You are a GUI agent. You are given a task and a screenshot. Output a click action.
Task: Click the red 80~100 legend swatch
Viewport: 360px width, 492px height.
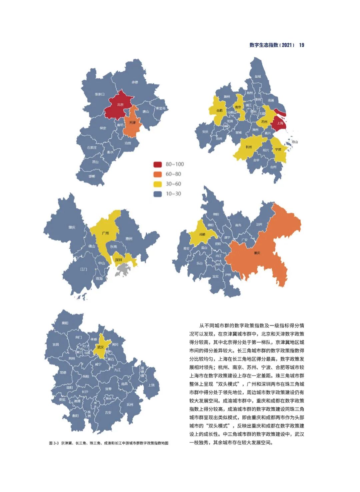tap(157, 164)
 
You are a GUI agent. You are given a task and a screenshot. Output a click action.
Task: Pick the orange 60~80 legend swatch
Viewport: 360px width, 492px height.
tap(157, 174)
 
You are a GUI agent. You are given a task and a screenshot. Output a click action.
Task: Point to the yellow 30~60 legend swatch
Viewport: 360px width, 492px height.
tap(157, 184)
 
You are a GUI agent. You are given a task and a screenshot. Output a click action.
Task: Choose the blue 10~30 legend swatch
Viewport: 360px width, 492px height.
tap(157, 194)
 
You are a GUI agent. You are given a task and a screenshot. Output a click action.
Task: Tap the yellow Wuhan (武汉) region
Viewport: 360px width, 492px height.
tap(101, 347)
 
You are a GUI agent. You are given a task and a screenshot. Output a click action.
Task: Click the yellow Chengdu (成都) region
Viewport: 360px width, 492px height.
tap(202, 234)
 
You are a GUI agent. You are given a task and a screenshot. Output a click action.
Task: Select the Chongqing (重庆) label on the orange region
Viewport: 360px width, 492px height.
tap(257, 253)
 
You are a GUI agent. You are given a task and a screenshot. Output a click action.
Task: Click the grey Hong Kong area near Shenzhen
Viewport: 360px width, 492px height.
tap(122, 270)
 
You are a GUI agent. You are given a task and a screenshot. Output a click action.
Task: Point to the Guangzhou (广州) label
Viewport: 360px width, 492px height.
tap(105, 233)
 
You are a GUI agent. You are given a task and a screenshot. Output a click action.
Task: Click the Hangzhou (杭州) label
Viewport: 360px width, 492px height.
tap(249, 147)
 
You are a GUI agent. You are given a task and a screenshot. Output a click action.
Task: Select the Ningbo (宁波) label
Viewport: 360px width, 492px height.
tap(278, 149)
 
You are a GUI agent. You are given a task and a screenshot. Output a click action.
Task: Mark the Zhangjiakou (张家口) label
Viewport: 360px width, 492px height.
tap(99, 94)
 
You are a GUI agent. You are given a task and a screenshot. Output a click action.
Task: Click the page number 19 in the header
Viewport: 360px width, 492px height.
tap(301, 45)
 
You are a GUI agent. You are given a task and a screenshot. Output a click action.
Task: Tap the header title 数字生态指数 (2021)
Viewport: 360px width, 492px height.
tap(272, 45)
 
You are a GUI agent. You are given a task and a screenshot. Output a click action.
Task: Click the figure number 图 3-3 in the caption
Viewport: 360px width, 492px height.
tap(54, 443)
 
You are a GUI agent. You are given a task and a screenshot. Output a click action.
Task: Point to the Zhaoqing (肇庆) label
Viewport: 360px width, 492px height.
tap(72, 227)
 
